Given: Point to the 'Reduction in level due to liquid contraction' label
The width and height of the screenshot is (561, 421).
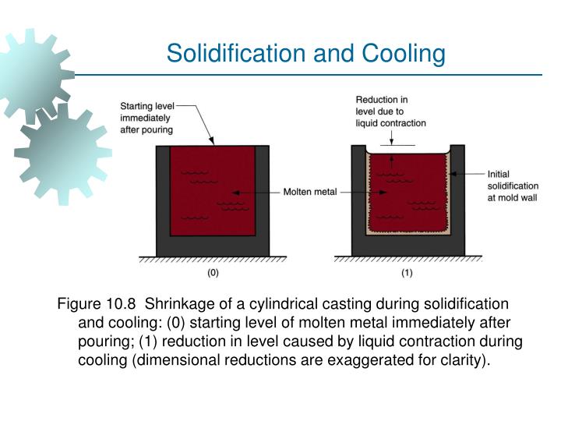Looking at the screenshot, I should (390, 111).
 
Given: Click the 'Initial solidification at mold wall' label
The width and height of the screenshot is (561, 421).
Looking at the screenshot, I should (512, 186).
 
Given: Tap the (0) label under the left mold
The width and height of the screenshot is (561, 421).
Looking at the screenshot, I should (212, 273).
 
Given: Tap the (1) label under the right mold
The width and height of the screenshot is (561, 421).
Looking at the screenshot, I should (407, 273).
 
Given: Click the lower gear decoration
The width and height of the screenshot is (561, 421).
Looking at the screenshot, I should (62, 152).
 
